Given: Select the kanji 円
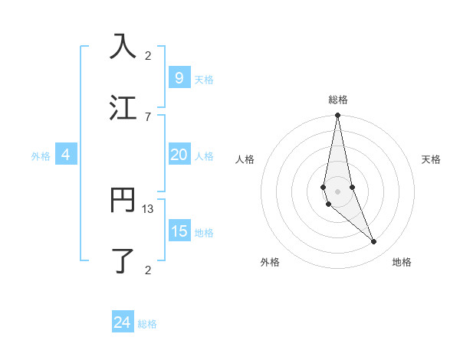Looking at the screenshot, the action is click(123, 200).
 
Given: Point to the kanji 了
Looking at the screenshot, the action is click(123, 260).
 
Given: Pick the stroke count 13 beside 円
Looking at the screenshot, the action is click(148, 209).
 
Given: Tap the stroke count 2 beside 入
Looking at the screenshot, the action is click(148, 56).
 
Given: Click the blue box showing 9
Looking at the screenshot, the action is click(179, 77).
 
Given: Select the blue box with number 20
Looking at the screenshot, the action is click(179, 155).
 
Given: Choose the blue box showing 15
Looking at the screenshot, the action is click(179, 231).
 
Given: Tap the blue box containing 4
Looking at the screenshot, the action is click(66, 155).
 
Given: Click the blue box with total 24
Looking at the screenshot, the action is click(123, 322).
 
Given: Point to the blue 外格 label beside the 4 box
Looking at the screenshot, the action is click(41, 156).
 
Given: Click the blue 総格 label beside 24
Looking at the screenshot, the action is click(147, 324).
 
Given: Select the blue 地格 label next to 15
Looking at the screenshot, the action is click(204, 233).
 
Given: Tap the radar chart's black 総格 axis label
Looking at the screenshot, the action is click(337, 100).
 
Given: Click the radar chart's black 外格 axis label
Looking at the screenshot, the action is click(270, 263).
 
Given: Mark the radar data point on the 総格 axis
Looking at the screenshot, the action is click(337, 116).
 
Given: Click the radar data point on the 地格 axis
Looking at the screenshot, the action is click(374, 242).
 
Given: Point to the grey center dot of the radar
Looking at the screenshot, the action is click(337, 191).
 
